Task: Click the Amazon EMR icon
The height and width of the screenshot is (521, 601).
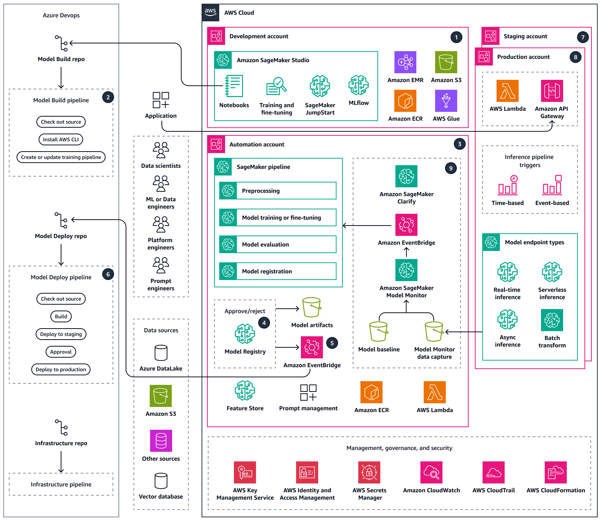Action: (x=405, y=62)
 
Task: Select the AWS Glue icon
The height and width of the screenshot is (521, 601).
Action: (x=446, y=101)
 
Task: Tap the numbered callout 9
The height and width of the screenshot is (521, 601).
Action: (x=451, y=168)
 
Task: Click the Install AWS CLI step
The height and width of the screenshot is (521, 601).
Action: (x=61, y=139)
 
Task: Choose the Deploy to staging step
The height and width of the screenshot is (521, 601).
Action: (x=61, y=334)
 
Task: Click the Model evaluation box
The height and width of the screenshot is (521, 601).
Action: (x=278, y=244)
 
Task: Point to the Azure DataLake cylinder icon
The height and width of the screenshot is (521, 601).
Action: (x=161, y=353)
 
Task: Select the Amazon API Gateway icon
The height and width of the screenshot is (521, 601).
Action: (x=552, y=91)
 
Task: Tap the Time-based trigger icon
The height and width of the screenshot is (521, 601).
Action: (x=508, y=185)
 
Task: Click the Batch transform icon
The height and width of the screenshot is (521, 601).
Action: (x=552, y=320)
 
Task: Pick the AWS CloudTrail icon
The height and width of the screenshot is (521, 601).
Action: (x=493, y=472)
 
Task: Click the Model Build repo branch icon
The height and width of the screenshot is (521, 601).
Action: (x=61, y=43)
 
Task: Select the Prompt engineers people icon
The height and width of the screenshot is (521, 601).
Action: (x=161, y=265)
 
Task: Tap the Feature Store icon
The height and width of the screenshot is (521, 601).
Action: (x=245, y=391)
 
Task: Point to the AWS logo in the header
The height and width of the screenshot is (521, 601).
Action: (x=210, y=12)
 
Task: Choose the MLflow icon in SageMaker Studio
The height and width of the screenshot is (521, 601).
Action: (x=358, y=85)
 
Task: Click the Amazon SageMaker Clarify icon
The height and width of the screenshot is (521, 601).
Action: (x=406, y=176)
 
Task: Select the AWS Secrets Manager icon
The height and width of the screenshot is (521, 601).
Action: (x=369, y=472)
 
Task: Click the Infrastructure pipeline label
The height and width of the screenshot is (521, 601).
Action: (x=61, y=484)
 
